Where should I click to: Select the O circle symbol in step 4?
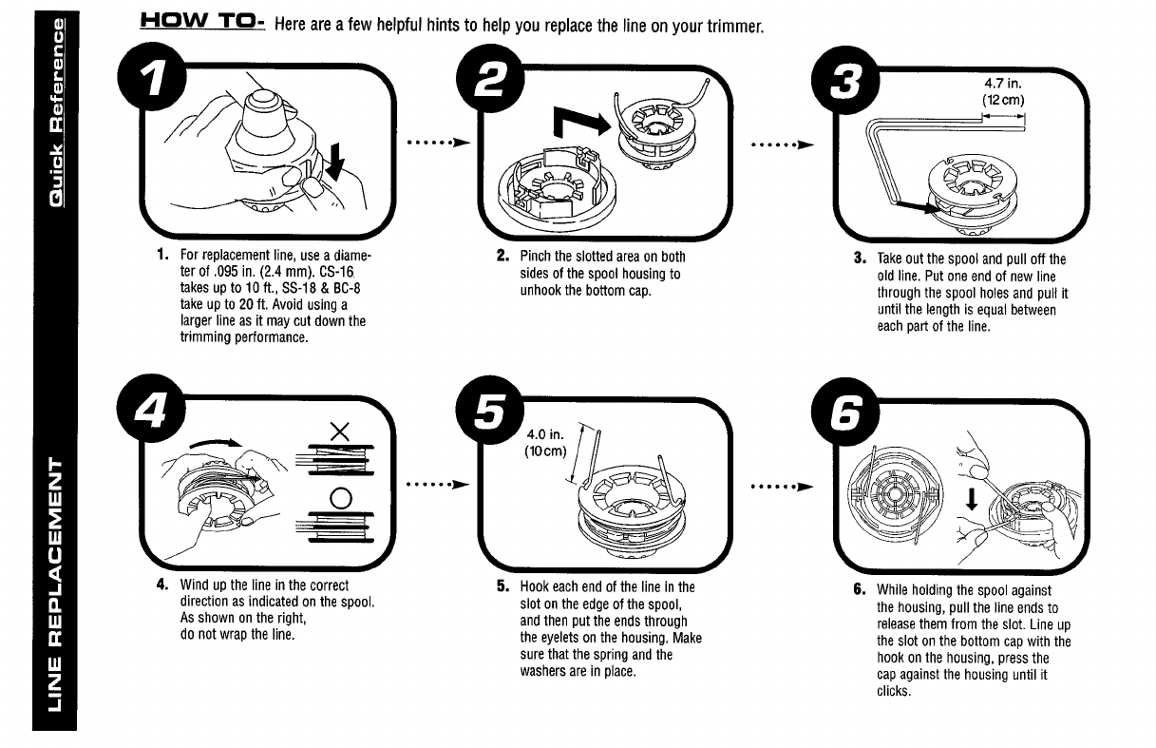tap(339, 497)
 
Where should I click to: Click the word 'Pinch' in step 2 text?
tap(536, 257)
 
